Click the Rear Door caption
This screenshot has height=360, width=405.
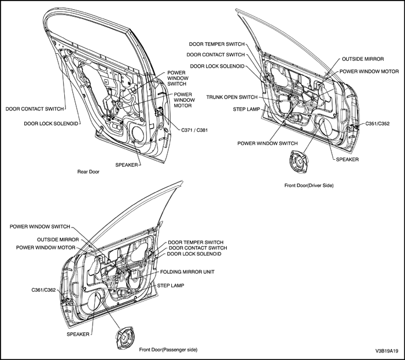coord(89,172)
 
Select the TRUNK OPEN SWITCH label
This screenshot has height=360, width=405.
coord(231,97)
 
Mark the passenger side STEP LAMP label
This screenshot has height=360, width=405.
coord(171,286)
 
